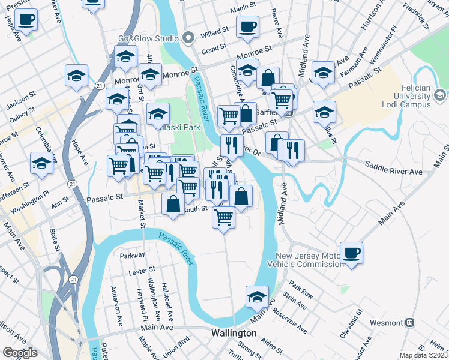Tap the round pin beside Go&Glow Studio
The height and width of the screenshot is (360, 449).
pyautogui.click(x=188, y=38)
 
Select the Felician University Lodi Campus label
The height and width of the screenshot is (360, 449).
pyautogui.click(x=413, y=96)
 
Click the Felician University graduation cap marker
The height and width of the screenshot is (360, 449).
pyautogui.click(x=439, y=95)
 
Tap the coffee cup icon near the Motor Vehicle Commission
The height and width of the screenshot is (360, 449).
pyautogui.click(x=351, y=252)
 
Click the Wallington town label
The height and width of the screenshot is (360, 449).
pyautogui.click(x=234, y=333)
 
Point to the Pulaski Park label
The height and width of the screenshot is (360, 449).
pyautogui.click(x=176, y=127)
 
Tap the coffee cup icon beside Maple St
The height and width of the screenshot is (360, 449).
pyautogui.click(x=247, y=27)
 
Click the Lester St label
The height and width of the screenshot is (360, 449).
pyautogui.click(x=142, y=272)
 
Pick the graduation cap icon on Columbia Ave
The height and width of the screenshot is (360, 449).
pyautogui.click(x=41, y=163)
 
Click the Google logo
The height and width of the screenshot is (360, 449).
pyautogui.click(x=20, y=352)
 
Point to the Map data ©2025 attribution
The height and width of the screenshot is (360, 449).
pyautogui.click(x=424, y=355)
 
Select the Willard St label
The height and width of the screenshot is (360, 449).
pyautogui.click(x=214, y=30)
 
